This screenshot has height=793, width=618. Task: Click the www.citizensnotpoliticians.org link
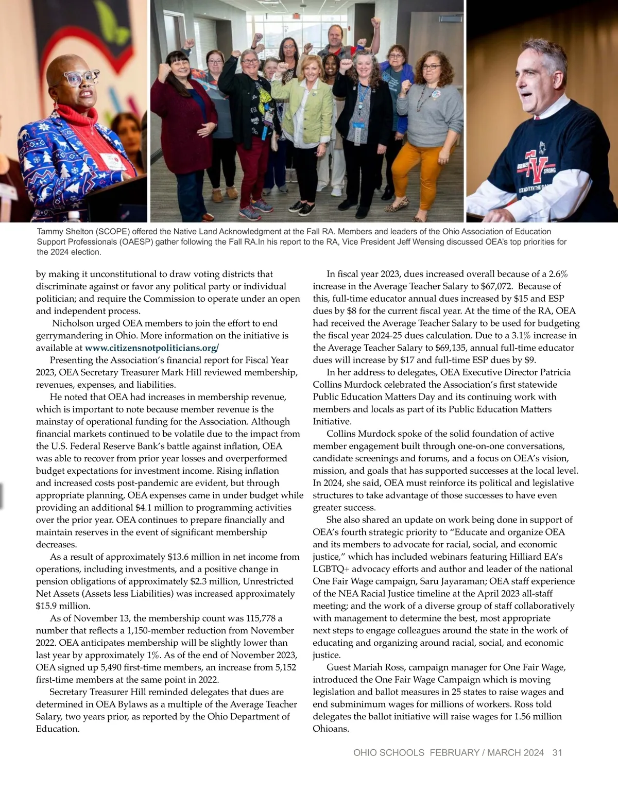151,348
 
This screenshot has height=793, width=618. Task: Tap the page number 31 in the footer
557,753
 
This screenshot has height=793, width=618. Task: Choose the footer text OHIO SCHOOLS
389,753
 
